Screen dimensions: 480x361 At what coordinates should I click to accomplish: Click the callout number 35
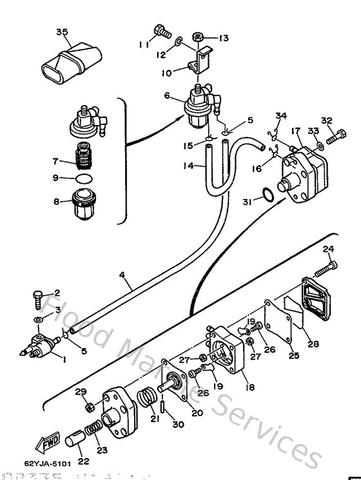tap(62, 32)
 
